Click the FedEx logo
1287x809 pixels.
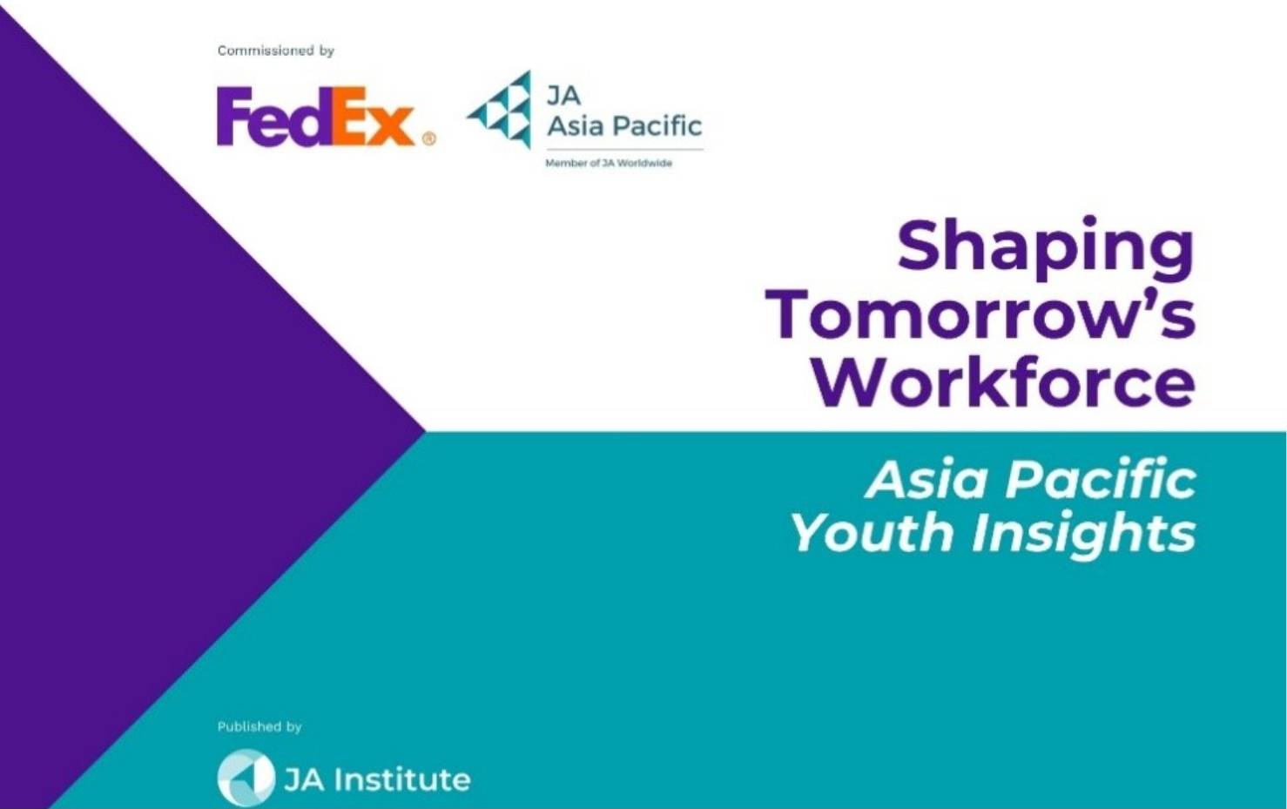[326, 117]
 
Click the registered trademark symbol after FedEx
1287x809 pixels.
[428, 139]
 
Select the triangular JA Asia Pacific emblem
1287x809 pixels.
[499, 109]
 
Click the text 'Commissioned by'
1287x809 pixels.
[276, 51]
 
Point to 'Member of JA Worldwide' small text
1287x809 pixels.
[609, 163]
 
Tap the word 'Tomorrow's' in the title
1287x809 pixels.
[980, 317]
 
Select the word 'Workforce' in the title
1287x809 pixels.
[1004, 381]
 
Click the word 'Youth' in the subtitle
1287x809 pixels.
[874, 532]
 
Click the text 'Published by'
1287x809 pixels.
[259, 727]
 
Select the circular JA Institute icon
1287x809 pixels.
[246, 778]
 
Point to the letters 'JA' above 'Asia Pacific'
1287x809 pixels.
[563, 96]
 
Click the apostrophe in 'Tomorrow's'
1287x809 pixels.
[1142, 300]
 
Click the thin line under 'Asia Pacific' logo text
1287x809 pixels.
[624, 150]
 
